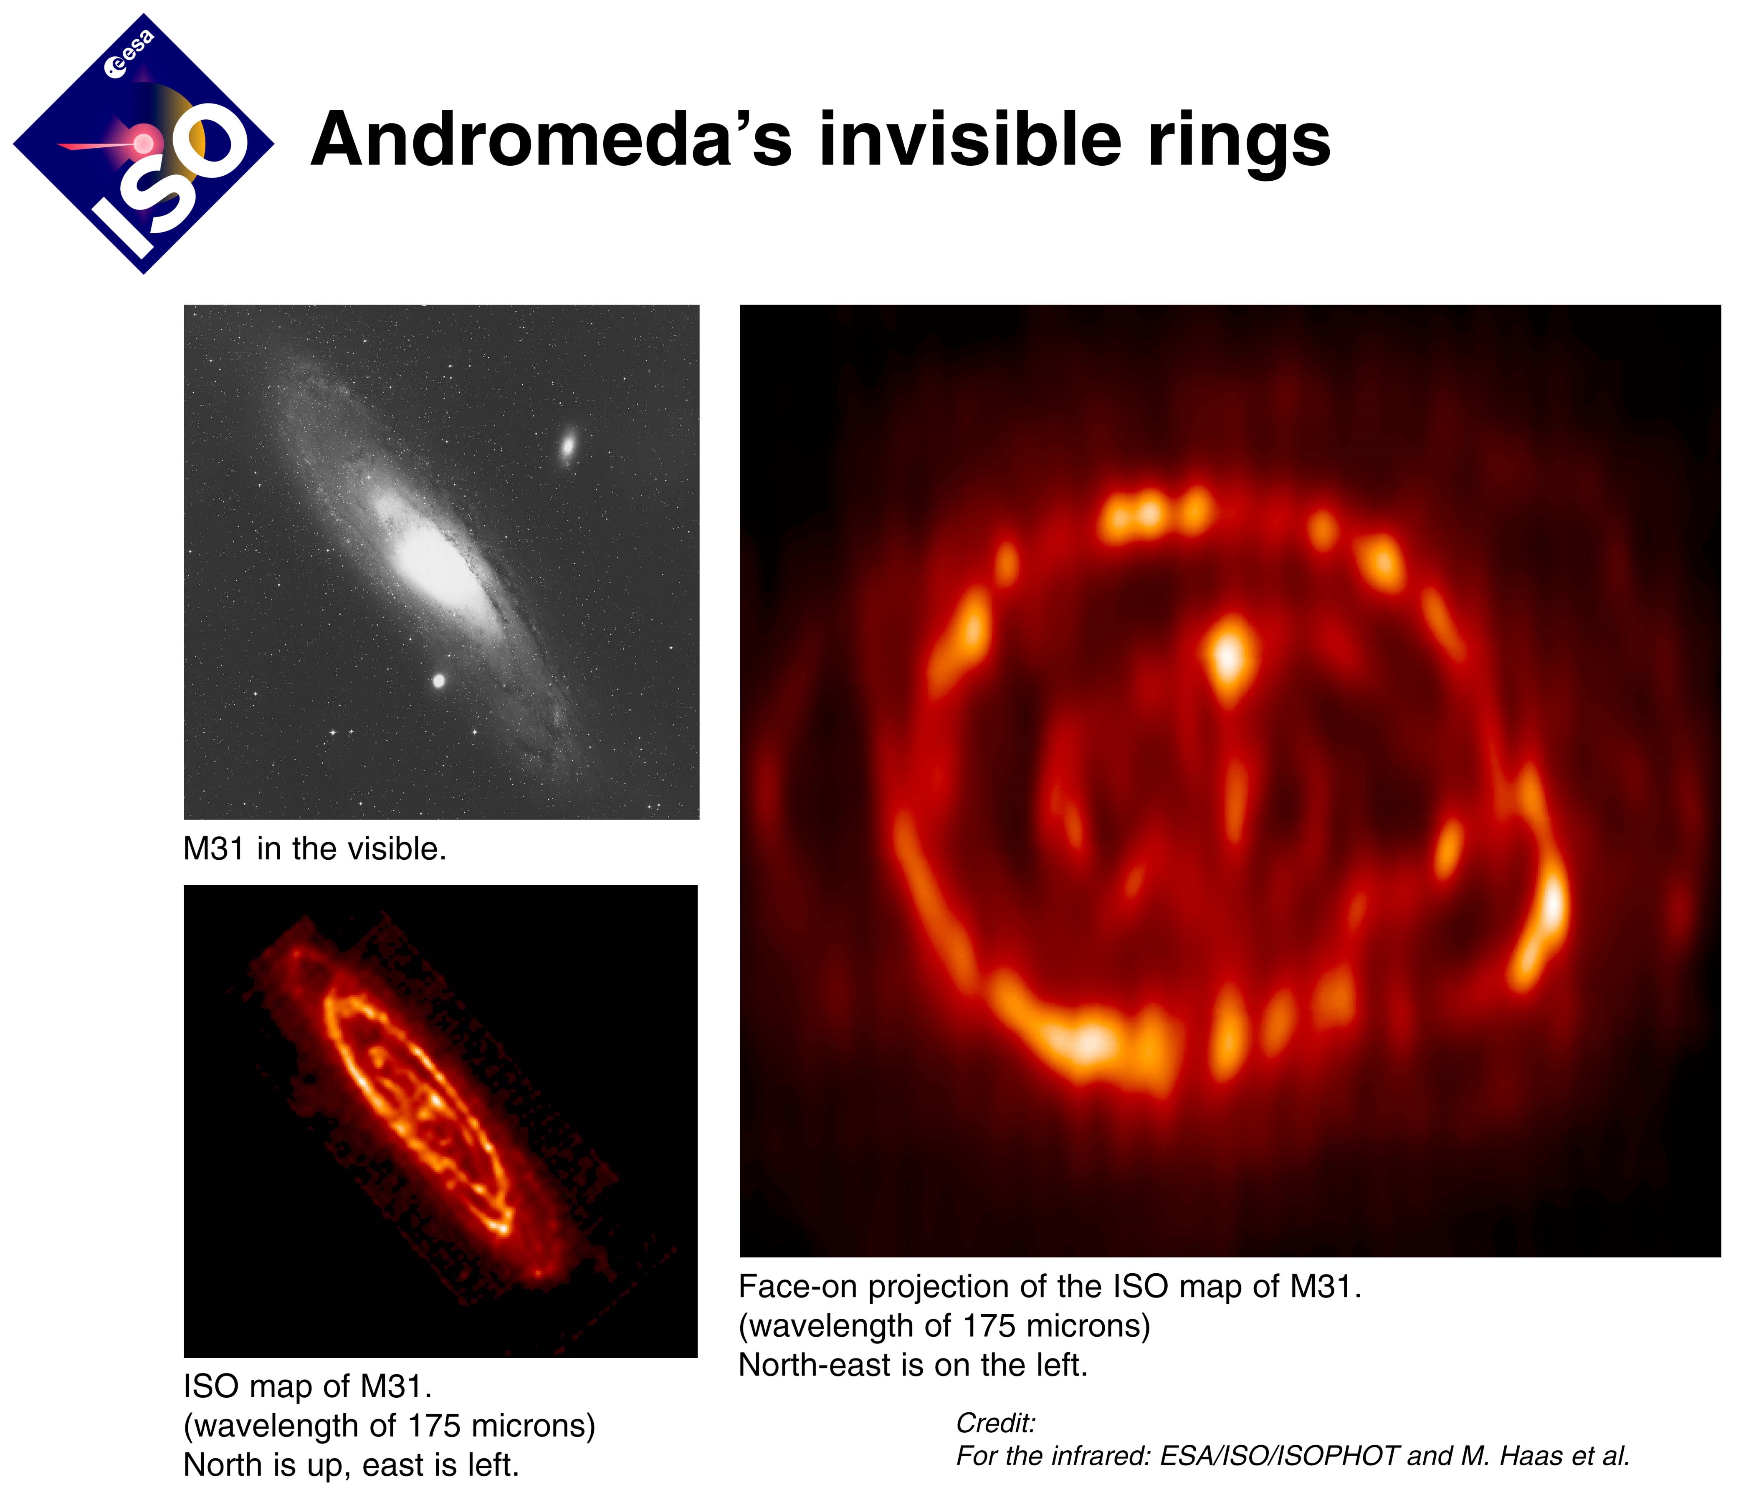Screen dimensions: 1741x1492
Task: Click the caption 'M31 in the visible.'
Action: [315, 849]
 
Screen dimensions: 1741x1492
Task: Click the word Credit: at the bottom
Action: [996, 1423]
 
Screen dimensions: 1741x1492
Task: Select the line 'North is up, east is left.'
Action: [351, 1465]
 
